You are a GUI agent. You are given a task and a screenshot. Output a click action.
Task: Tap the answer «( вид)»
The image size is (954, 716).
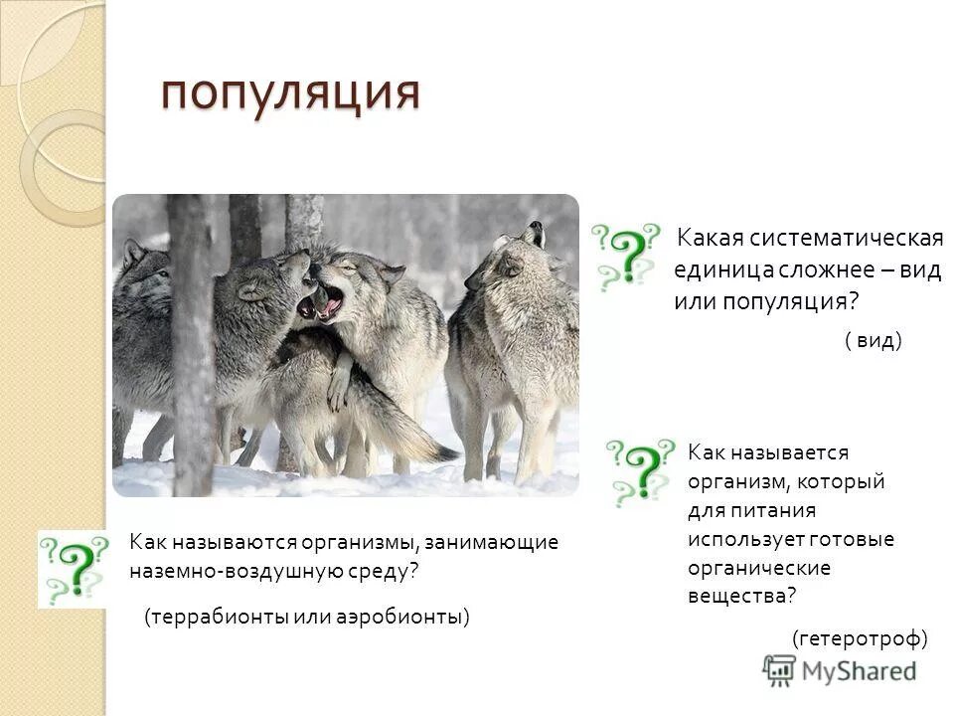873,341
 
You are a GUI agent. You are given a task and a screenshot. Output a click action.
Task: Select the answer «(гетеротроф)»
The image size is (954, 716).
860,637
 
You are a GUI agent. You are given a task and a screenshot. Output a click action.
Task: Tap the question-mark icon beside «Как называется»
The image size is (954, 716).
642,472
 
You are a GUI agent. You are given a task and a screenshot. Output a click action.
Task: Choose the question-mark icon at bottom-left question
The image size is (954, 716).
73,568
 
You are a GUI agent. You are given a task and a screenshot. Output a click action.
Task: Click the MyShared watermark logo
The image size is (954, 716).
840,669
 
